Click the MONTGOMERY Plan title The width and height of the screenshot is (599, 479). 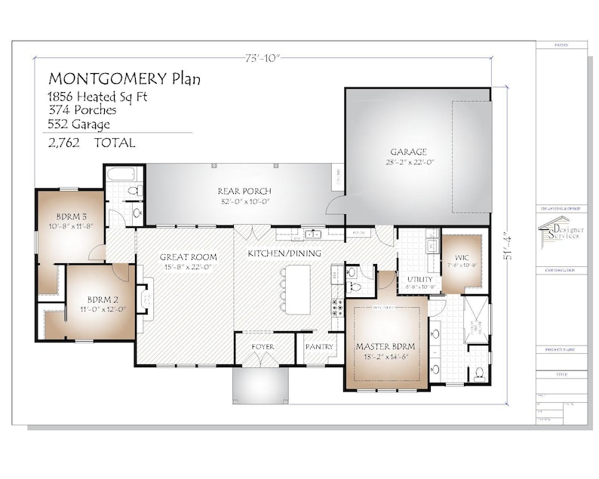tap(124, 78)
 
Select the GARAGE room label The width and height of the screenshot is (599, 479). tap(408, 151)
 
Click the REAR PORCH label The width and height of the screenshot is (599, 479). tap(244, 191)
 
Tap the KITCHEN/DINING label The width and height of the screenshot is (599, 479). tap(284, 253)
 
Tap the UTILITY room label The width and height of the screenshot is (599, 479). tap(419, 279)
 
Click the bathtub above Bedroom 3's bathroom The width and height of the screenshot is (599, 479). tap(121, 175)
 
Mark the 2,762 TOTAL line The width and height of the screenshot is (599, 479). tap(91, 143)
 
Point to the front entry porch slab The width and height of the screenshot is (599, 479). tap(260, 385)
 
